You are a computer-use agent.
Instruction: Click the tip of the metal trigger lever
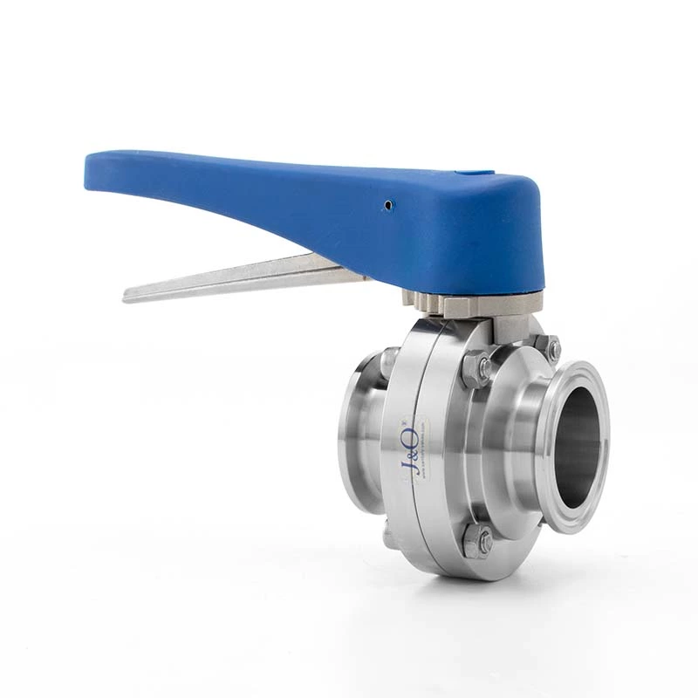click(x=128, y=294)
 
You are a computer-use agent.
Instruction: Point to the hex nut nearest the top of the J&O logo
click(x=477, y=371)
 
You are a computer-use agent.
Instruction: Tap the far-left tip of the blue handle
click(x=89, y=170)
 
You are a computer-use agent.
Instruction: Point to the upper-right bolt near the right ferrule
click(x=551, y=349)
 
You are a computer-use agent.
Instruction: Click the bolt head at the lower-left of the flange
click(x=390, y=536)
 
